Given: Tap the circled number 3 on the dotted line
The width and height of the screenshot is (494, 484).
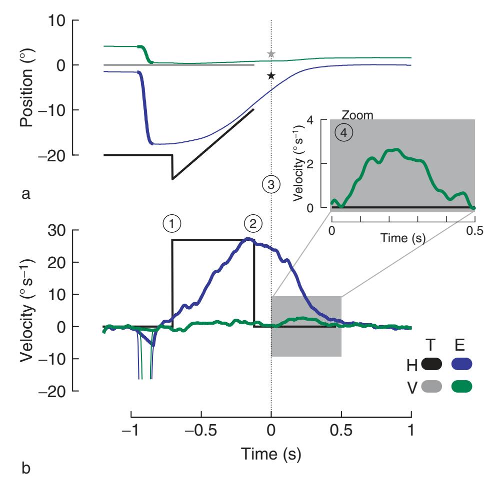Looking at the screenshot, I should [x=270, y=184].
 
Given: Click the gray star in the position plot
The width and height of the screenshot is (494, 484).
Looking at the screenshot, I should [x=270, y=54].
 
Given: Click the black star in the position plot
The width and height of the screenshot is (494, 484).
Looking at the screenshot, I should [x=270, y=76].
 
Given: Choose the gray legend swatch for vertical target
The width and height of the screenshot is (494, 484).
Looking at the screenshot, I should [x=431, y=386].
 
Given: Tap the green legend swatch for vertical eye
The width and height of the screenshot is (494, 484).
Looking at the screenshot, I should [x=461, y=386].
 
